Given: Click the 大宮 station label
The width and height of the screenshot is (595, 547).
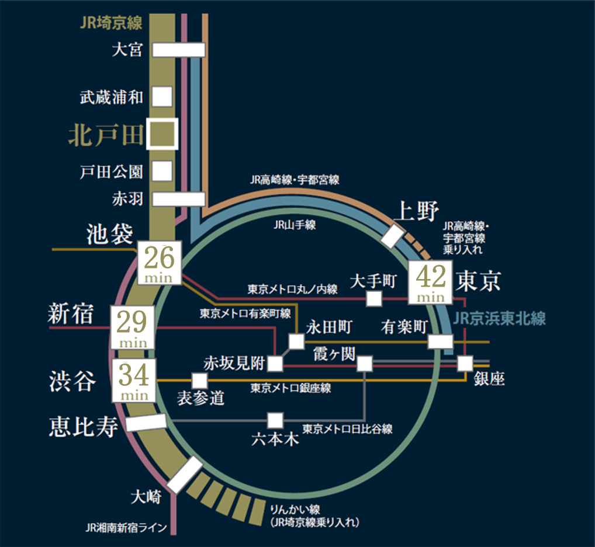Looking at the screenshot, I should coord(127,50).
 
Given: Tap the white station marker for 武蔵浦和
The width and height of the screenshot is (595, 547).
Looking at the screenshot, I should coord(162,96).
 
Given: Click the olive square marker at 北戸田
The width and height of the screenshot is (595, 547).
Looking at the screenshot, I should coord(162,134).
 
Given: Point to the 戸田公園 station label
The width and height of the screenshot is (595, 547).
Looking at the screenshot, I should coord(111,172).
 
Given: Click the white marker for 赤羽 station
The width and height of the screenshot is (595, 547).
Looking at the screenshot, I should coord(179,198).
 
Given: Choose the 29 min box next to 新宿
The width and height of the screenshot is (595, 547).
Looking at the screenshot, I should coord(133,327).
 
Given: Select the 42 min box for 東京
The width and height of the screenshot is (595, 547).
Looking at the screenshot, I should coord(431,282).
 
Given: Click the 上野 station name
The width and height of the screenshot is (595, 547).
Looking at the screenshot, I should coord(416,211).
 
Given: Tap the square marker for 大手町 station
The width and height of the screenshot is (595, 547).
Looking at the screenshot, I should coord(374,299).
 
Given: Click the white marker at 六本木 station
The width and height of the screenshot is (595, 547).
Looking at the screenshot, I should coord(275,420).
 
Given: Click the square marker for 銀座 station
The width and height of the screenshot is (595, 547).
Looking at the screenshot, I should coord(465,363).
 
